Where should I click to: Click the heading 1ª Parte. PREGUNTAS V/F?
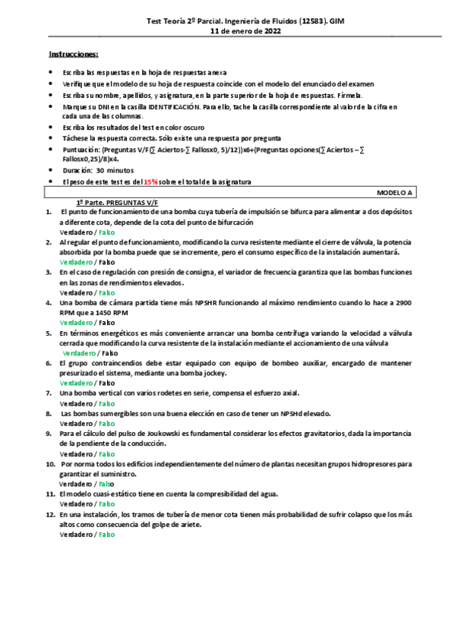(x=109, y=204)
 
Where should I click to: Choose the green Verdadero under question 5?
(x=79, y=352)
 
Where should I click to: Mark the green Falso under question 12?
(x=106, y=534)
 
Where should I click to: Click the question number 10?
(x=50, y=462)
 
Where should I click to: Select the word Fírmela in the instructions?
(x=350, y=95)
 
